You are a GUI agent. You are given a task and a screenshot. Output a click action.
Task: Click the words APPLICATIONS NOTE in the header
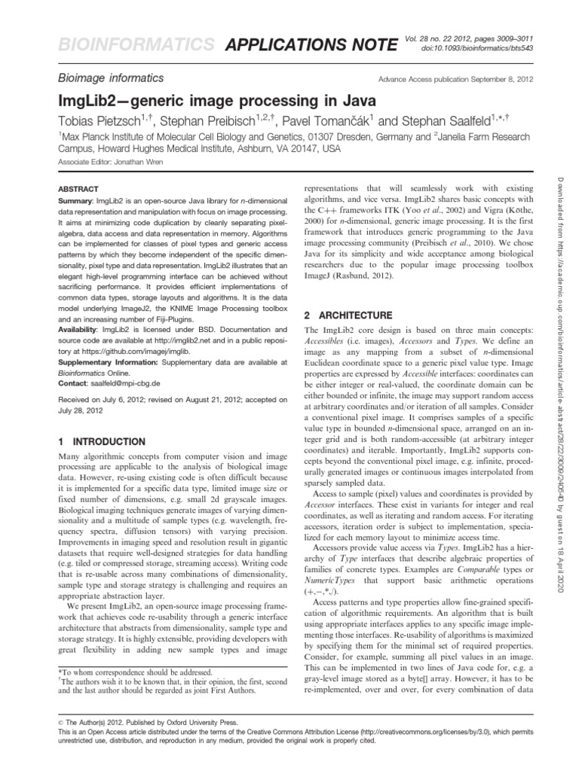[311, 47]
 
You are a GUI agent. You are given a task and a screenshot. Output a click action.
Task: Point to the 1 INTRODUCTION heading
[102, 441]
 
